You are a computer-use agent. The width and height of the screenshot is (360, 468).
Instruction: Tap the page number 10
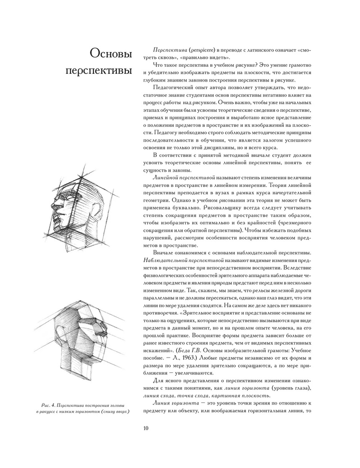coord(145,428)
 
